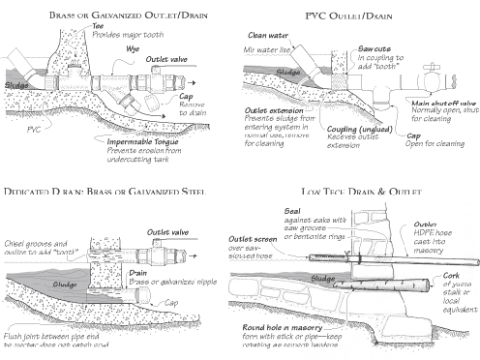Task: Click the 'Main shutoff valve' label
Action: (x=441, y=103)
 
